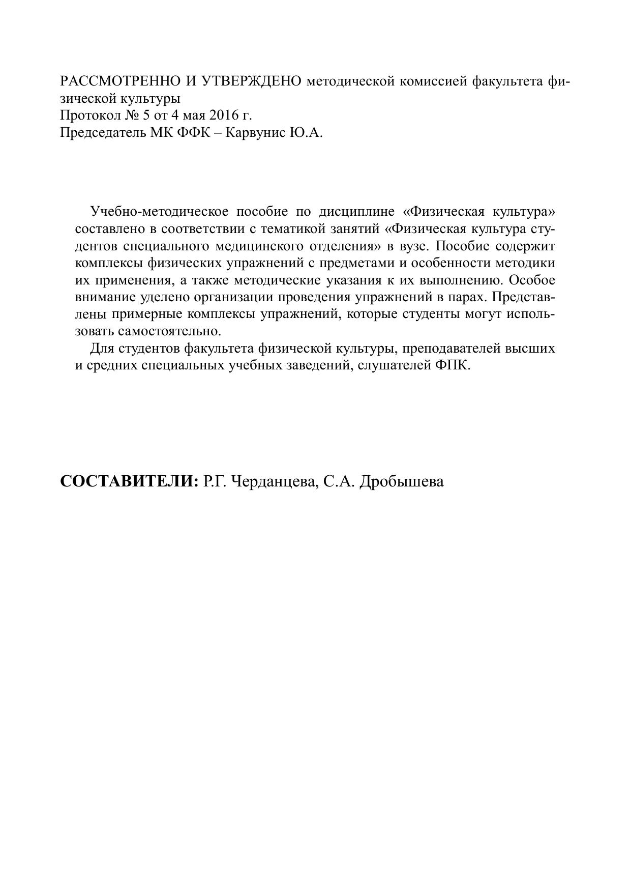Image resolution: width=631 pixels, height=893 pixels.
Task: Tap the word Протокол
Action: pos(89,116)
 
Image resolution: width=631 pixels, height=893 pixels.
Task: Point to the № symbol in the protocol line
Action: pos(130,116)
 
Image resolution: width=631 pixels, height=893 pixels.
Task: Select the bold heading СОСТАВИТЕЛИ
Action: pos(129,481)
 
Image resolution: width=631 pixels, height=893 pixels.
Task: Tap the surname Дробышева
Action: pos(401,481)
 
